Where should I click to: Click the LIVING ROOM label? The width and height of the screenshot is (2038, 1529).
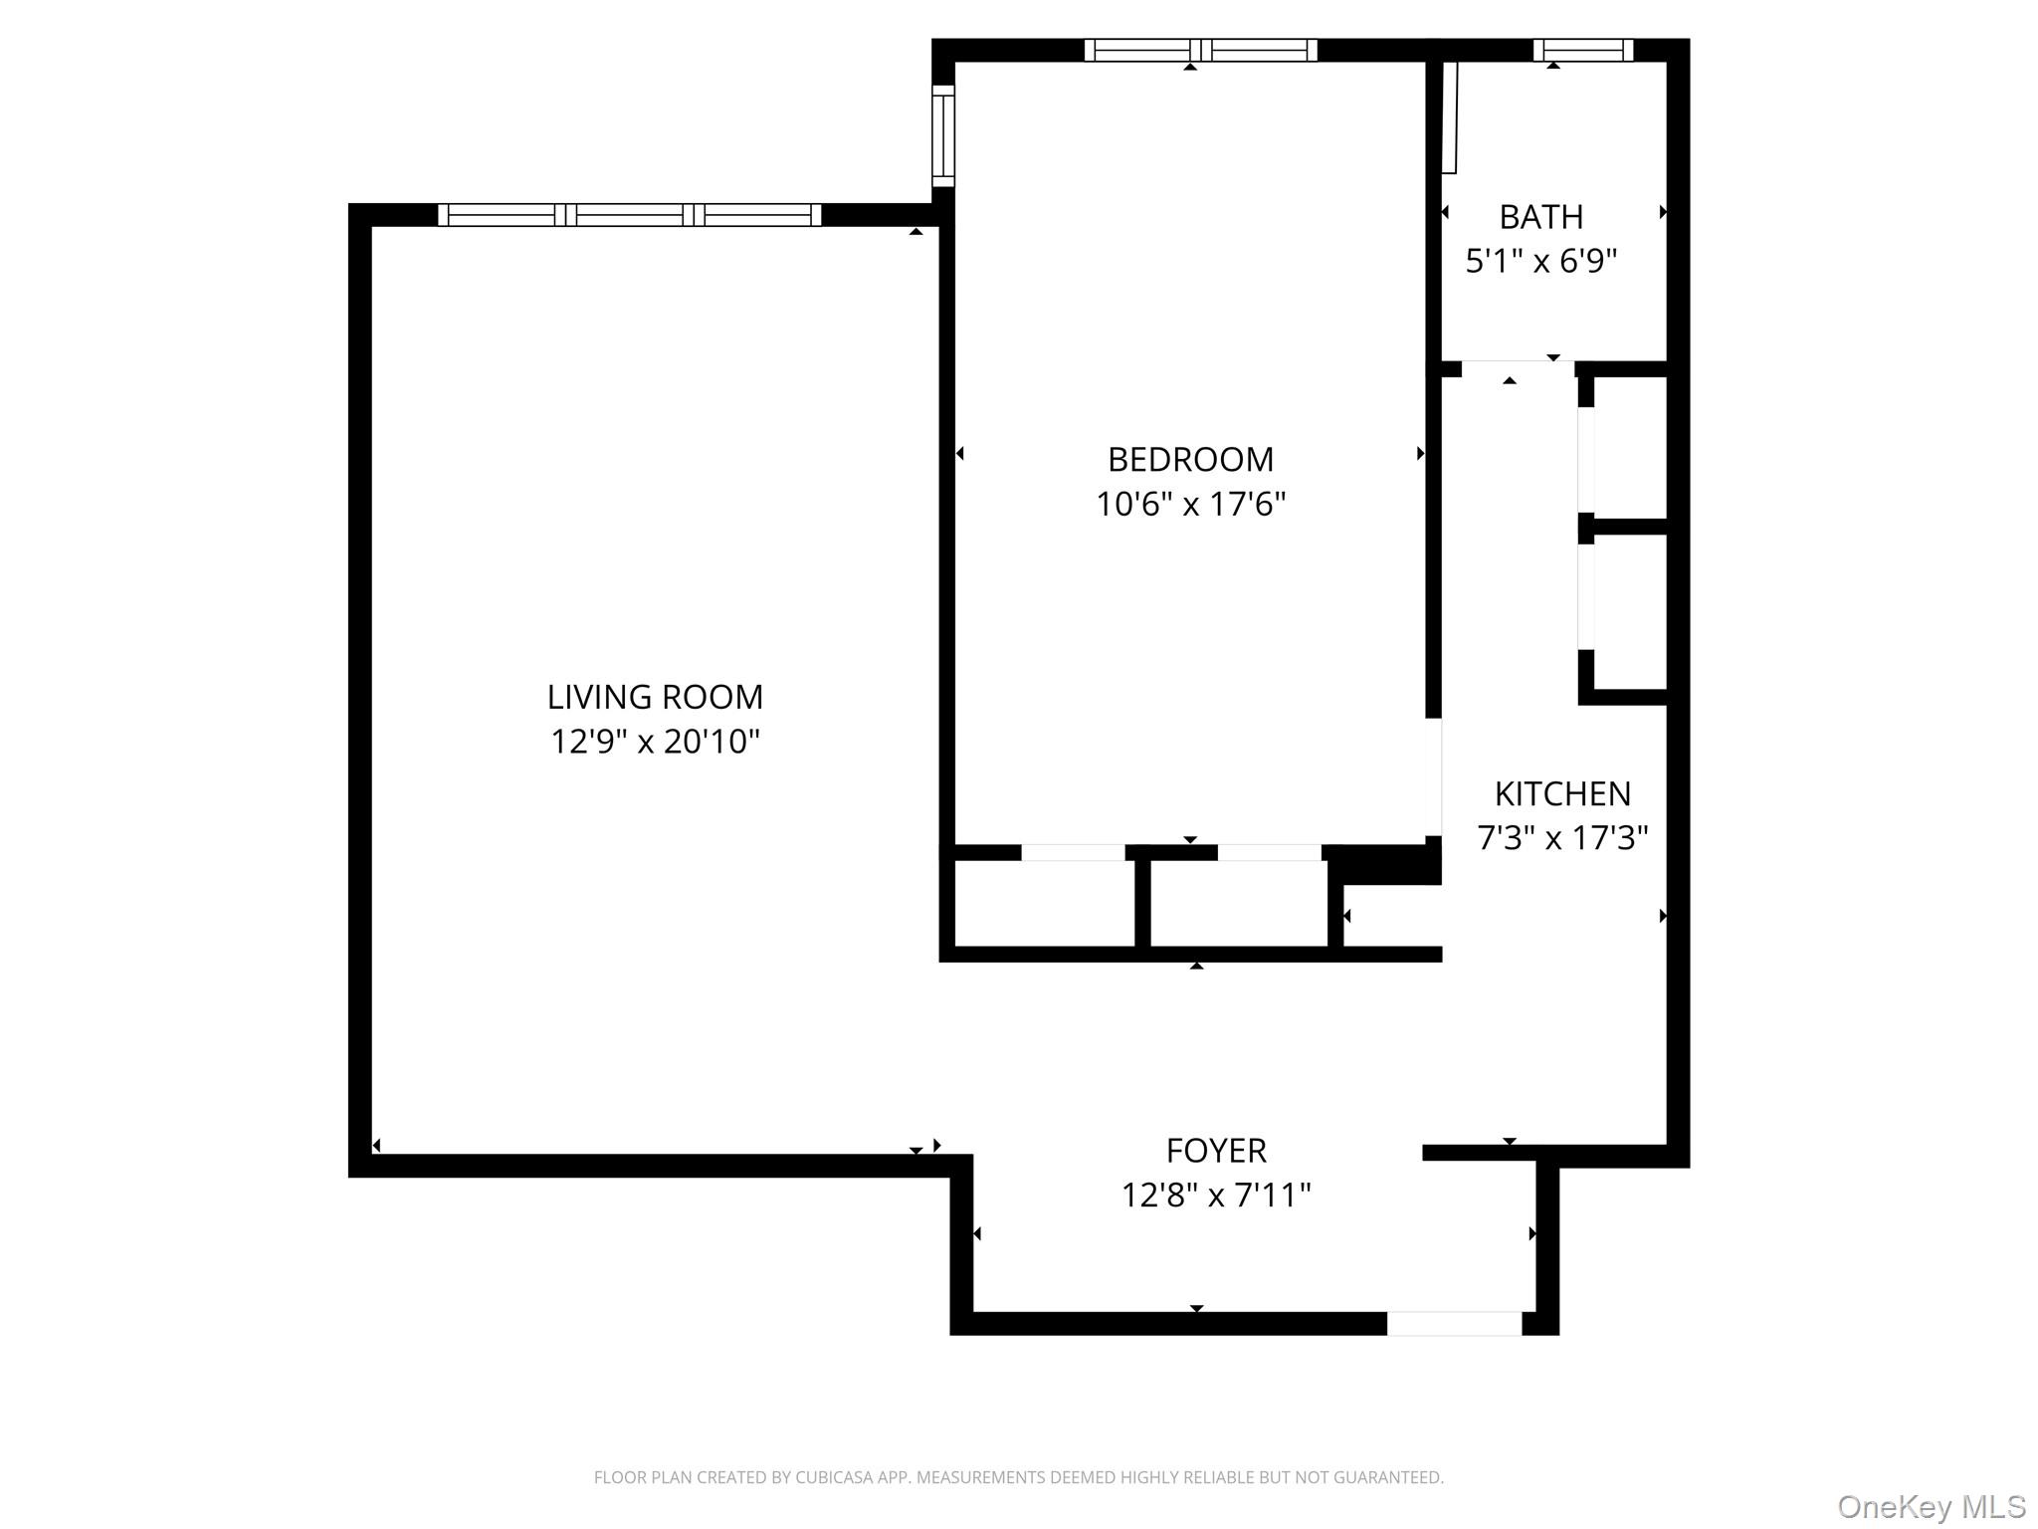pos(655,697)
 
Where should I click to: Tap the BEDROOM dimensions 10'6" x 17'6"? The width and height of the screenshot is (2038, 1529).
pos(1190,505)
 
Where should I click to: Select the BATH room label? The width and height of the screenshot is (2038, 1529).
pos(1540,217)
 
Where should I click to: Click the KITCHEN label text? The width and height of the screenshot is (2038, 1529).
pos(1562,794)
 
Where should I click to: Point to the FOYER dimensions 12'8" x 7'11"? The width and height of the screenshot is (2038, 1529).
pos(1216,1195)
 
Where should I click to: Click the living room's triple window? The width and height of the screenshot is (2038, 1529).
pos(629,215)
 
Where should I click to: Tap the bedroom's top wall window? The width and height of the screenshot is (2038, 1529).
pos(1200,50)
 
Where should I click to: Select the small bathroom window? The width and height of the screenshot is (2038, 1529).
pos(1582,50)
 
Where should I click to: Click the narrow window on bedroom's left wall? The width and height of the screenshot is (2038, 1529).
pos(942,136)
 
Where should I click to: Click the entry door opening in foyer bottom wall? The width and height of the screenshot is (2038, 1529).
pos(1454,1324)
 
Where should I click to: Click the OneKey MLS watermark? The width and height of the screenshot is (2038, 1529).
pos(1931,1506)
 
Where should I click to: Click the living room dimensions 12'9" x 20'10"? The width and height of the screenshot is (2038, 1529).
pos(655,742)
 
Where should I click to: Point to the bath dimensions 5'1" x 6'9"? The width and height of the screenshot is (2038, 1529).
pos(1540,262)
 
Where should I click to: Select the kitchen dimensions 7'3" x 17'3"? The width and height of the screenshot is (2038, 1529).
pos(1562,838)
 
